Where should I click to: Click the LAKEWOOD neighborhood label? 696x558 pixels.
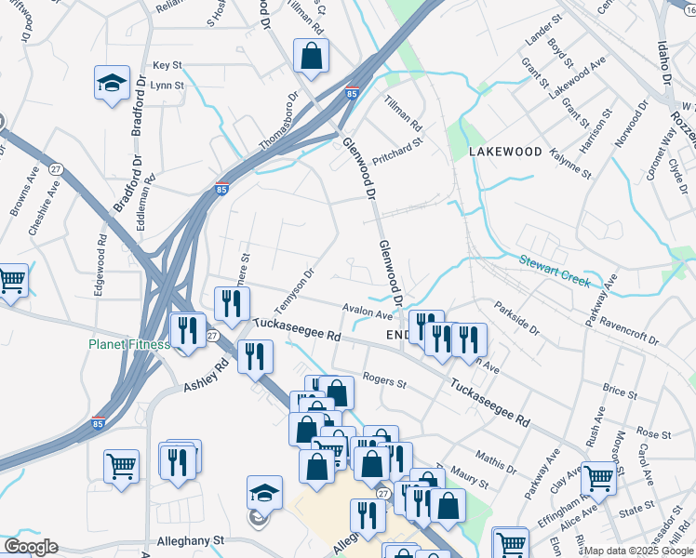point(504,151)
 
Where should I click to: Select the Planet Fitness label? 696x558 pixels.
point(129,344)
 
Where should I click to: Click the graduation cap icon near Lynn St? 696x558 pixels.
point(112,85)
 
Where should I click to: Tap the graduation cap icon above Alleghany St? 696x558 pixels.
point(264,493)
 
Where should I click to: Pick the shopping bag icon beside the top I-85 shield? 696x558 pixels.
point(311,57)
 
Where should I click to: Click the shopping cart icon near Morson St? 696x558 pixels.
point(598,479)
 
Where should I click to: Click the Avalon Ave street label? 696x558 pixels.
point(368,313)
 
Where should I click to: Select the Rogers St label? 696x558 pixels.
point(384,381)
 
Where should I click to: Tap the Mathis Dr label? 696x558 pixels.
point(495,459)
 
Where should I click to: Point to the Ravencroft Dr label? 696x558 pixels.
point(629,333)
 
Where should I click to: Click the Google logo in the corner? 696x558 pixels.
point(31,547)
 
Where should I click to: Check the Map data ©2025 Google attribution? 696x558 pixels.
point(638,551)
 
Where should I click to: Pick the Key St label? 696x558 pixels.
point(167,65)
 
